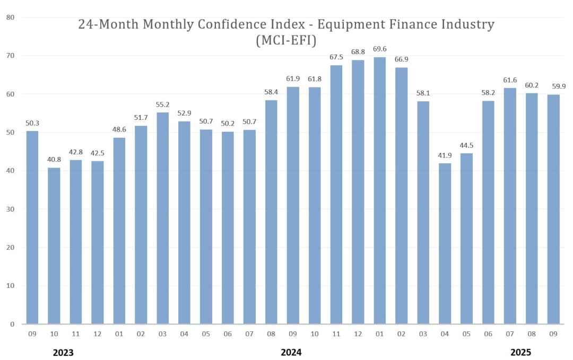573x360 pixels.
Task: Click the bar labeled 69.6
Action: click(x=379, y=191)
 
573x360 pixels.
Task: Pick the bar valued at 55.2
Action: click(x=163, y=218)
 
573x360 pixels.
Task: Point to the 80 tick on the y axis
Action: click(x=11, y=17)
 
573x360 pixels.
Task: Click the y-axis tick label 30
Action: click(x=11, y=209)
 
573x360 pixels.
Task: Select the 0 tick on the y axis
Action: click(x=12, y=324)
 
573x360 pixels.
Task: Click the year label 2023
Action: click(x=63, y=353)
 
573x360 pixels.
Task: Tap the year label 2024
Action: click(x=291, y=353)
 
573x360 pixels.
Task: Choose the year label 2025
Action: click(x=520, y=353)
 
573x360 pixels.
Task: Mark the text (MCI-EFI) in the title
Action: click(x=286, y=40)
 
